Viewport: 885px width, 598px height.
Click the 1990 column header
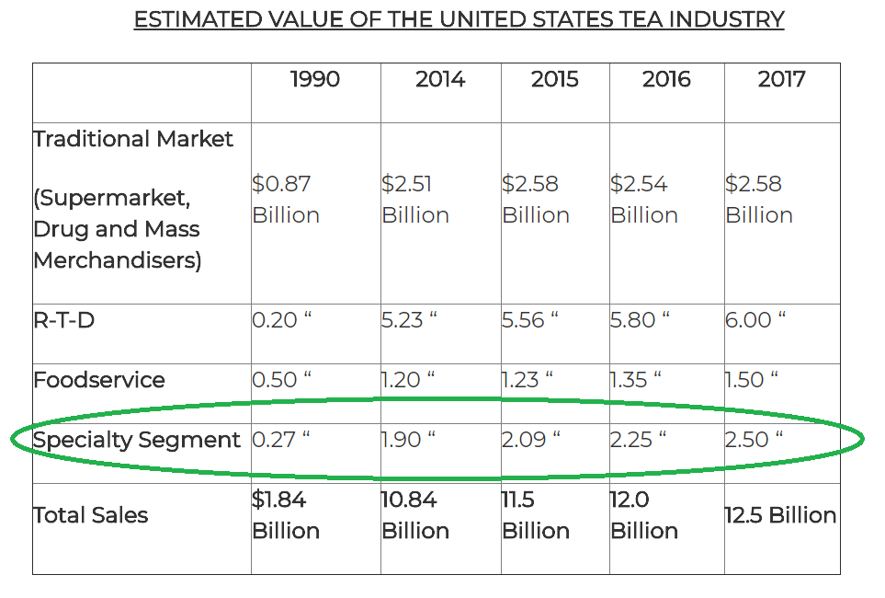(x=314, y=79)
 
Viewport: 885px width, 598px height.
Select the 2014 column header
(x=439, y=79)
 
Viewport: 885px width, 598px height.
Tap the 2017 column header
(x=782, y=79)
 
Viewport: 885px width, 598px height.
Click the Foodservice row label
(x=99, y=380)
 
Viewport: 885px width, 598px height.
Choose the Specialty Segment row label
(x=137, y=440)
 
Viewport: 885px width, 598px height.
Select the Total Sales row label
(x=91, y=515)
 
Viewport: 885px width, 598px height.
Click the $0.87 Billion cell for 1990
(x=286, y=200)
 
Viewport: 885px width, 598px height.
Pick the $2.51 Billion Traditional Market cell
(x=414, y=200)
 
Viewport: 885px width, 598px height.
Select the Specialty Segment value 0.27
(x=281, y=440)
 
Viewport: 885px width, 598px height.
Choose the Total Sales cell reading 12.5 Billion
(x=780, y=515)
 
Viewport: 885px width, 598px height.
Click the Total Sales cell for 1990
(x=286, y=515)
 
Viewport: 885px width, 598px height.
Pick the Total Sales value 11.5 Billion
(x=536, y=515)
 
